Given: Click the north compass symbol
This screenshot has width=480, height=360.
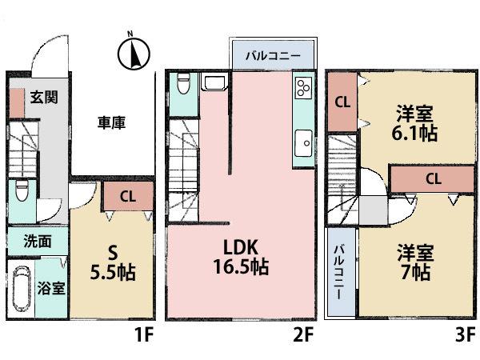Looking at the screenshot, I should (133, 53).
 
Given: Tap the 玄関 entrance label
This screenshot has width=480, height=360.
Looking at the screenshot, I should (43, 98).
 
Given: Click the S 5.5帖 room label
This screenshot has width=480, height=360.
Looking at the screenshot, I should (110, 262).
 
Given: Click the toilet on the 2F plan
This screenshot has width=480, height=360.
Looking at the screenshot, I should (182, 84).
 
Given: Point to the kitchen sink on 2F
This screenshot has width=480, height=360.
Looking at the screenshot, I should (303, 143).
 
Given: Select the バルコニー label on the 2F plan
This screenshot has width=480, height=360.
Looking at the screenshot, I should (272, 57).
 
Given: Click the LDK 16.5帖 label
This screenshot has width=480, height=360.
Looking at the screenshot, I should (240, 255).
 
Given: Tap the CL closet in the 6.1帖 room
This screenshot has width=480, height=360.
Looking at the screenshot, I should (342, 102).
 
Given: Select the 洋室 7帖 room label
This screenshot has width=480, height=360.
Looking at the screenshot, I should (414, 262).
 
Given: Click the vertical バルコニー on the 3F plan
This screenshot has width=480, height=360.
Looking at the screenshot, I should (339, 272).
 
